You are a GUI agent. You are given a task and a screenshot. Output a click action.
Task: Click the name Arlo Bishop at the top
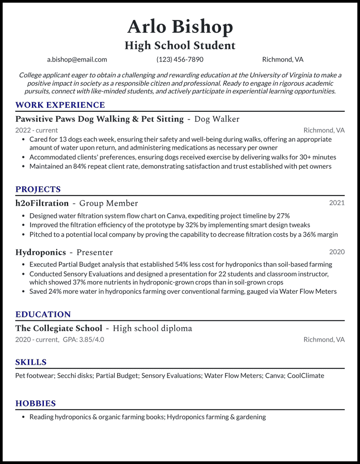[180, 27]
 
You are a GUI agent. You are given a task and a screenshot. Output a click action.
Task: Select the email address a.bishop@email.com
[77, 59]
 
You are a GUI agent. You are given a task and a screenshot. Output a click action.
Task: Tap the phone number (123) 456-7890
[180, 59]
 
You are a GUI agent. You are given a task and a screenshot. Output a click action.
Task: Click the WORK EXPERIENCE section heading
[60, 105]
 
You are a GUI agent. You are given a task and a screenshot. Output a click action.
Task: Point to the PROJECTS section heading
[38, 189]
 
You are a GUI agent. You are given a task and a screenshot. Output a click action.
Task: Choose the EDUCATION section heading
[43, 314]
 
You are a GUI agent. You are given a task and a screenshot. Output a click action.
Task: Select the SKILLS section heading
[31, 362]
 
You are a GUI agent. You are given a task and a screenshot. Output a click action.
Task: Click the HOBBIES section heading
[35, 403]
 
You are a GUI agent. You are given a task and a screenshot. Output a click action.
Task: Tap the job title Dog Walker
[217, 119]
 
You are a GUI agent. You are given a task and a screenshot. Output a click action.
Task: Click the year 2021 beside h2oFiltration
[337, 203]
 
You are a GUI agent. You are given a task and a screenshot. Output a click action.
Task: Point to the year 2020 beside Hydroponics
[337, 252]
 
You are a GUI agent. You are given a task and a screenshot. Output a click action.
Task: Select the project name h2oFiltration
[42, 203]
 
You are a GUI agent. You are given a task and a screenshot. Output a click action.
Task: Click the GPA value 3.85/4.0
[91, 339]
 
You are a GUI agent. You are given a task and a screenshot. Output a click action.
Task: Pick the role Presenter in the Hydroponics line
[94, 252]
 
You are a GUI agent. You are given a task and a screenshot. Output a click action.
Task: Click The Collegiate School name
[59, 328]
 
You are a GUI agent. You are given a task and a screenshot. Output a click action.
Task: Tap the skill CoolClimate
[305, 375]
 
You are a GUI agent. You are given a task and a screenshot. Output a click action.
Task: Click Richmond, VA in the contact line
[282, 59]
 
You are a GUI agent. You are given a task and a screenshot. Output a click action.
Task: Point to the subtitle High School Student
[180, 45]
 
